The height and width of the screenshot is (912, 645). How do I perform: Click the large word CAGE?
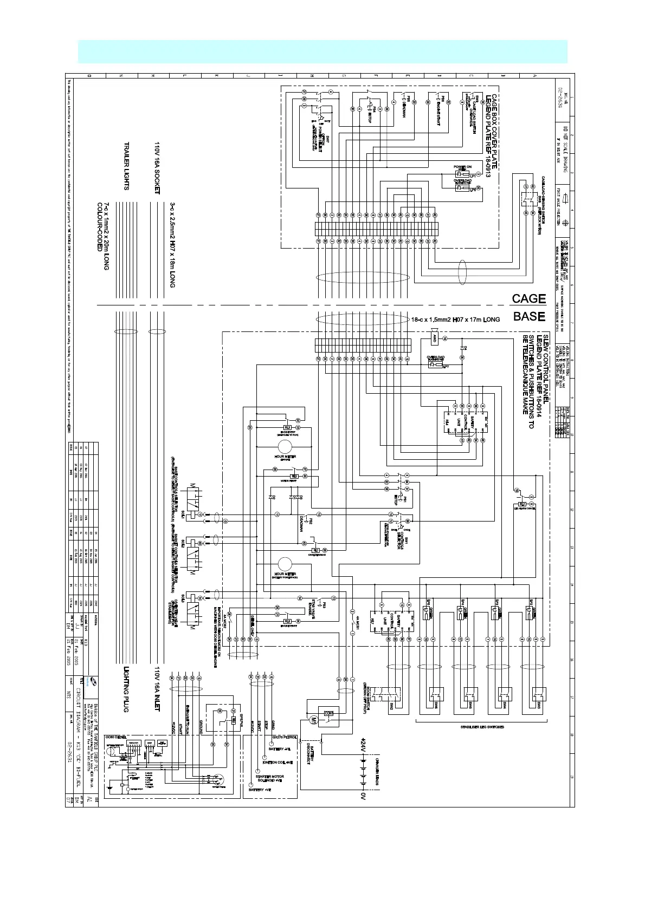(x=528, y=298)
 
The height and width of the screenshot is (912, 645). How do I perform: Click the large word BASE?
(x=528, y=316)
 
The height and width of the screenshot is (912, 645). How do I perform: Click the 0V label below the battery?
(x=363, y=797)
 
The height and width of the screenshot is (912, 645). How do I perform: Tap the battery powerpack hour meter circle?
(x=285, y=564)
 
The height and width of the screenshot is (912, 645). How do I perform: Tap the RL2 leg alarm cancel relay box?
(x=523, y=504)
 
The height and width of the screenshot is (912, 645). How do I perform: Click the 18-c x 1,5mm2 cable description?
(x=455, y=320)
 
